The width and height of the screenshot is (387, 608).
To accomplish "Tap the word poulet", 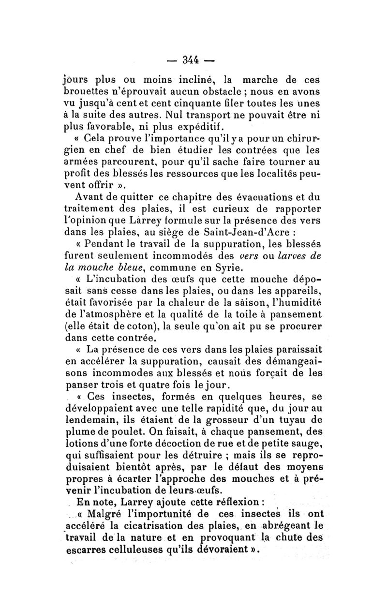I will click(x=132, y=431).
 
